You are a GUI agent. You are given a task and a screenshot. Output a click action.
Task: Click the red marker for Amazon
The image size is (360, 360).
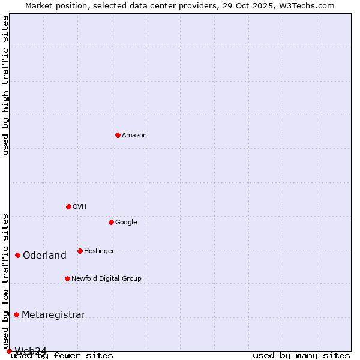(118, 135)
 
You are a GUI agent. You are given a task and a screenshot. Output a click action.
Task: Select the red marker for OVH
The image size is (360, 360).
(68, 206)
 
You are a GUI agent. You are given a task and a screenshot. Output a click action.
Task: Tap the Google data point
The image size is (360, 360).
(111, 222)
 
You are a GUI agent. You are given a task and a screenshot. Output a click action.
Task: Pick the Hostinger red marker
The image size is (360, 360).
(80, 251)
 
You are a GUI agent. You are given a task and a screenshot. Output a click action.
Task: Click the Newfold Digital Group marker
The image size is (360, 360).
(67, 278)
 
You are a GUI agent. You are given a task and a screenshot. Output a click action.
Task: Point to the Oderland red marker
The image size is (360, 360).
(17, 255)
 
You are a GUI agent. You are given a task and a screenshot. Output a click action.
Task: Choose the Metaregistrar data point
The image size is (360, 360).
(16, 314)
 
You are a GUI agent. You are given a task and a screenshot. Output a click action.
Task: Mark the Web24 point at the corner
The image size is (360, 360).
(9, 351)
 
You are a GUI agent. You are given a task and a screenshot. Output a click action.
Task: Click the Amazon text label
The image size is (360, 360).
(134, 136)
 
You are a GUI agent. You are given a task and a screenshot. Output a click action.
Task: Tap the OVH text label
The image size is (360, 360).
(80, 207)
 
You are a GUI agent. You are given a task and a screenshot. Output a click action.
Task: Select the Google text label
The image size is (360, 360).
(126, 223)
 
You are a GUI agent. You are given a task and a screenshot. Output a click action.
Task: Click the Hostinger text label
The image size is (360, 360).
(99, 251)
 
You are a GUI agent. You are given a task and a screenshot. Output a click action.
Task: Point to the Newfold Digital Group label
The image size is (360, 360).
(106, 279)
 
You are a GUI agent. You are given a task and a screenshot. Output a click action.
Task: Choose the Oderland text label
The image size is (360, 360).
(44, 256)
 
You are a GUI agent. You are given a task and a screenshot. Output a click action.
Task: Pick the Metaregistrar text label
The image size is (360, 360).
(53, 315)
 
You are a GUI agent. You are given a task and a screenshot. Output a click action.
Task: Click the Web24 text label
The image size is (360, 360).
(31, 351)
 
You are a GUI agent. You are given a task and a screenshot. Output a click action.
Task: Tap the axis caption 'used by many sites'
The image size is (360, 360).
(301, 356)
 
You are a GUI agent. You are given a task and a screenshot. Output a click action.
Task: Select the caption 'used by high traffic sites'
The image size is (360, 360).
(6, 85)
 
